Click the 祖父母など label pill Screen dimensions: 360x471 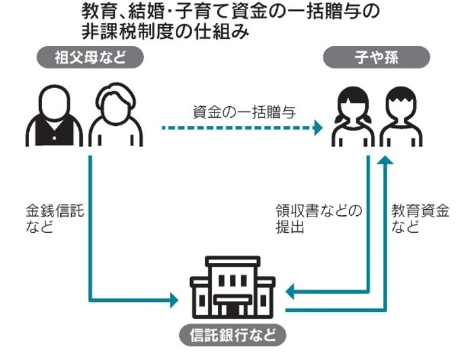(91, 58)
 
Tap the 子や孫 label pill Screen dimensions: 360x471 (376, 58)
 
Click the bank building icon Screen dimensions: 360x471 (233, 287)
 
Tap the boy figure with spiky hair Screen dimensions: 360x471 (401, 119)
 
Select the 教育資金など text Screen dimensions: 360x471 (420, 218)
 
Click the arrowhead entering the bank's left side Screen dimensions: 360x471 (174, 298)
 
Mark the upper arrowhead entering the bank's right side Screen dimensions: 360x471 (290, 292)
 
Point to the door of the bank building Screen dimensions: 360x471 (233, 308)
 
